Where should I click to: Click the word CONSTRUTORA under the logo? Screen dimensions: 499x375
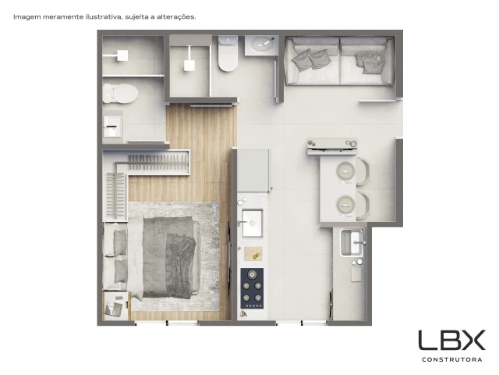click(x=451, y=359)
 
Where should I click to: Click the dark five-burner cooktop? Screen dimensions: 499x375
click(x=252, y=288)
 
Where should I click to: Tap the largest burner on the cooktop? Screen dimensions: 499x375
click(x=253, y=274)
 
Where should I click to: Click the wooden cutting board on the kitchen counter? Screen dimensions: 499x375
click(x=253, y=253)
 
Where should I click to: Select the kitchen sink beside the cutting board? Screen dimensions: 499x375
click(x=253, y=223)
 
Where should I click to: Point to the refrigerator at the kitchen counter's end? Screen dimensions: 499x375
click(x=254, y=170)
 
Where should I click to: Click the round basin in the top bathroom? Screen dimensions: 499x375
click(x=261, y=44)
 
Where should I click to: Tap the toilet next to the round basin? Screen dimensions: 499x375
click(x=228, y=53)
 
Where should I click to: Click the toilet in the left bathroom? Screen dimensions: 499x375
click(x=120, y=94)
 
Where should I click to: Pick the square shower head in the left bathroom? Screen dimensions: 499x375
click(x=122, y=55)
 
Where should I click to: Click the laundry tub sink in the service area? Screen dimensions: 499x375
click(x=352, y=243)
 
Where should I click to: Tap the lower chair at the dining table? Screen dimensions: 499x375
click(x=364, y=205)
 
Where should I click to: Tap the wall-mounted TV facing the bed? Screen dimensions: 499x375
click(x=229, y=259)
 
